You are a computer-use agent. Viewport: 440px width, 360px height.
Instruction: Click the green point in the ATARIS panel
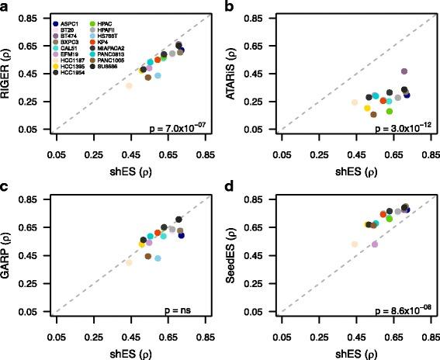[x=390, y=112]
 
